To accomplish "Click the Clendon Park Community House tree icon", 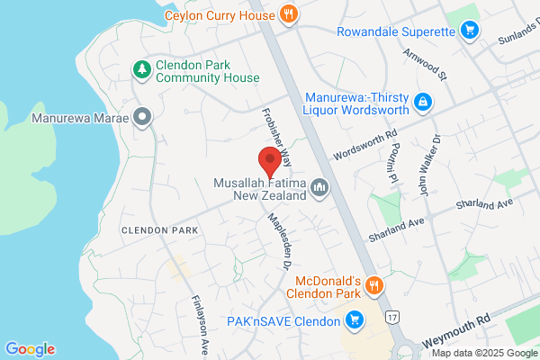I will [x=140, y=68].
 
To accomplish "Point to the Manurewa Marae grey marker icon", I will [x=140, y=117].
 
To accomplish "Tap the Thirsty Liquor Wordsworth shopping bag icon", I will [x=420, y=104].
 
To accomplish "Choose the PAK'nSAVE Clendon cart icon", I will [x=355, y=319].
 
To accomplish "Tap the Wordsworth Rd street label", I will [x=364, y=143].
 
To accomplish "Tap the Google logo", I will [x=30, y=349].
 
